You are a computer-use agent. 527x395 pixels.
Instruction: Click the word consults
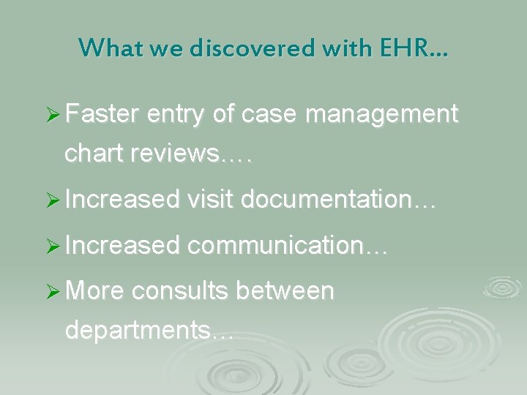coord(179,292)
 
